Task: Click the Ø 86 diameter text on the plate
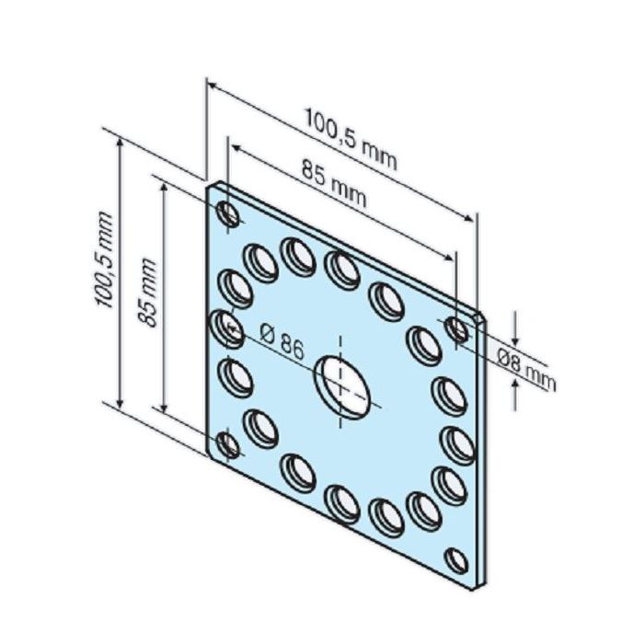282,342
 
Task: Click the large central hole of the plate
343,382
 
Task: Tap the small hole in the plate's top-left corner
228,214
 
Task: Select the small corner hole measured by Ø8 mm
456,329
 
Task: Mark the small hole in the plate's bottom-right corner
456,558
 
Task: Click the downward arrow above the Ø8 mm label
515,335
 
